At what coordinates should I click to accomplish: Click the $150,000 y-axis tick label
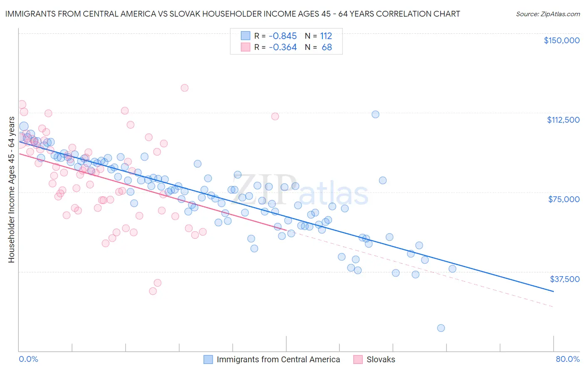click(x=561, y=40)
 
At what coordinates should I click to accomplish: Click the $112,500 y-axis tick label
click(x=563, y=120)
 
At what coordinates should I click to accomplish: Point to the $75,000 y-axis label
click(x=564, y=199)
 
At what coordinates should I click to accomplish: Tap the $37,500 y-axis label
click(x=565, y=279)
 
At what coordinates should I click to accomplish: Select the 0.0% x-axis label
click(x=28, y=359)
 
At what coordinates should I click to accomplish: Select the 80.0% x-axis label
click(x=568, y=359)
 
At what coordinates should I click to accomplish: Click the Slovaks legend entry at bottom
click(x=380, y=359)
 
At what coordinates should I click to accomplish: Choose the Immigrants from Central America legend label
click(x=278, y=359)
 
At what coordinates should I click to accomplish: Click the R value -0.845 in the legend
click(x=283, y=36)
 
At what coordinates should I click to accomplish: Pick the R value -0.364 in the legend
click(x=283, y=47)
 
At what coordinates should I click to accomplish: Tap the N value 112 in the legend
click(x=326, y=36)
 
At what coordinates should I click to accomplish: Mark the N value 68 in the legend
click(x=327, y=47)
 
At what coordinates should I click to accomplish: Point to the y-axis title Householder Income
click(x=11, y=190)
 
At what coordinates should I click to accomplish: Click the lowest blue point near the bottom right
click(x=441, y=328)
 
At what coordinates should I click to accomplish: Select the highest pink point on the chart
click(x=184, y=88)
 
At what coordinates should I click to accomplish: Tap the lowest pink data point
click(x=153, y=291)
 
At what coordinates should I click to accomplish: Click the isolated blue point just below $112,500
click(x=375, y=114)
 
